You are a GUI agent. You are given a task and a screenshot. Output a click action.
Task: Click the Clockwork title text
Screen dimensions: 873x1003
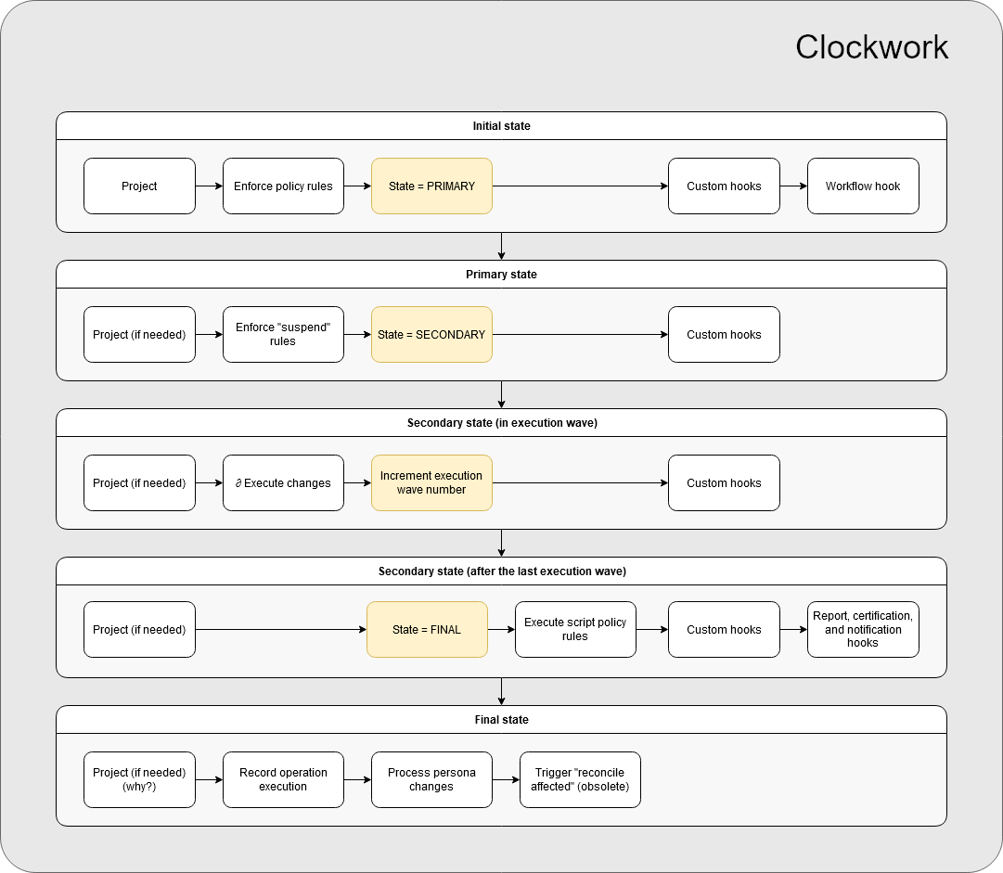[x=871, y=47]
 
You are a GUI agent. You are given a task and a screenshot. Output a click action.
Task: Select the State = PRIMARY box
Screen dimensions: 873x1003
[x=431, y=186]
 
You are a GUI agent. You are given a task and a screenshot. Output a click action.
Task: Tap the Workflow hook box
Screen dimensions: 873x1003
[x=863, y=186]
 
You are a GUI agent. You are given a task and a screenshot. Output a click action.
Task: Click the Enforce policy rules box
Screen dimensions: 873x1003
[x=283, y=186]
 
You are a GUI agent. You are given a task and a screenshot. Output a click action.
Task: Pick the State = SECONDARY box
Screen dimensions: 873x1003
[x=431, y=335]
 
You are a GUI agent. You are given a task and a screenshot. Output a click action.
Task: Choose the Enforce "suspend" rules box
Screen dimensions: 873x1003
[x=283, y=335]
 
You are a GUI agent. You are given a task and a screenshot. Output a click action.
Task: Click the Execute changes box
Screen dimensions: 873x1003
[x=283, y=483]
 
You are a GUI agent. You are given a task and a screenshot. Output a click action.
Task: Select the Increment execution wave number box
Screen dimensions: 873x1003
[x=431, y=483]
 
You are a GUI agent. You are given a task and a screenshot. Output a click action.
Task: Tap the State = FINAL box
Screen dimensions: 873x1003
[x=427, y=630]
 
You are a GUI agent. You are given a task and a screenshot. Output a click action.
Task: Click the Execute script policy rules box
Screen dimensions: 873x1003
[x=575, y=630]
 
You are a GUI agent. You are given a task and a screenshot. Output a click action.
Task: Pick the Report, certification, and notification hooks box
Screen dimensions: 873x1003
[x=863, y=630]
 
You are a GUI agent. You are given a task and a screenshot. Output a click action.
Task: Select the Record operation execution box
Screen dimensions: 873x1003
[x=283, y=779]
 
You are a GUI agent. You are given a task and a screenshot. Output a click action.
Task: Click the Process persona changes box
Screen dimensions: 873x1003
[x=431, y=779]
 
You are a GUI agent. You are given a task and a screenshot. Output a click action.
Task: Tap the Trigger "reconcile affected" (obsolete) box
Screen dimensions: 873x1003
[x=580, y=779]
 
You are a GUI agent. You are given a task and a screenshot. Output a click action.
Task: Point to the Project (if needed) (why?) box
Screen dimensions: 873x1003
[x=139, y=779]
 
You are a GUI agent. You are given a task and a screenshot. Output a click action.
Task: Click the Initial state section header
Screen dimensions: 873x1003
[x=501, y=126]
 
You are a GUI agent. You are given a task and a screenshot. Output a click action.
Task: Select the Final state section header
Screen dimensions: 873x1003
[x=501, y=720]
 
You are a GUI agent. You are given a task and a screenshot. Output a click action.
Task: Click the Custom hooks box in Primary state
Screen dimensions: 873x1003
[x=724, y=335]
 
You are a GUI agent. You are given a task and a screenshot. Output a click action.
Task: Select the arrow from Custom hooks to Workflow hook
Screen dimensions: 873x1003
[x=793, y=186]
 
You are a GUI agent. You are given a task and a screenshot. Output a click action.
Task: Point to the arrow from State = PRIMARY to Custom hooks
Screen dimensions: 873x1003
[x=580, y=186]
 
